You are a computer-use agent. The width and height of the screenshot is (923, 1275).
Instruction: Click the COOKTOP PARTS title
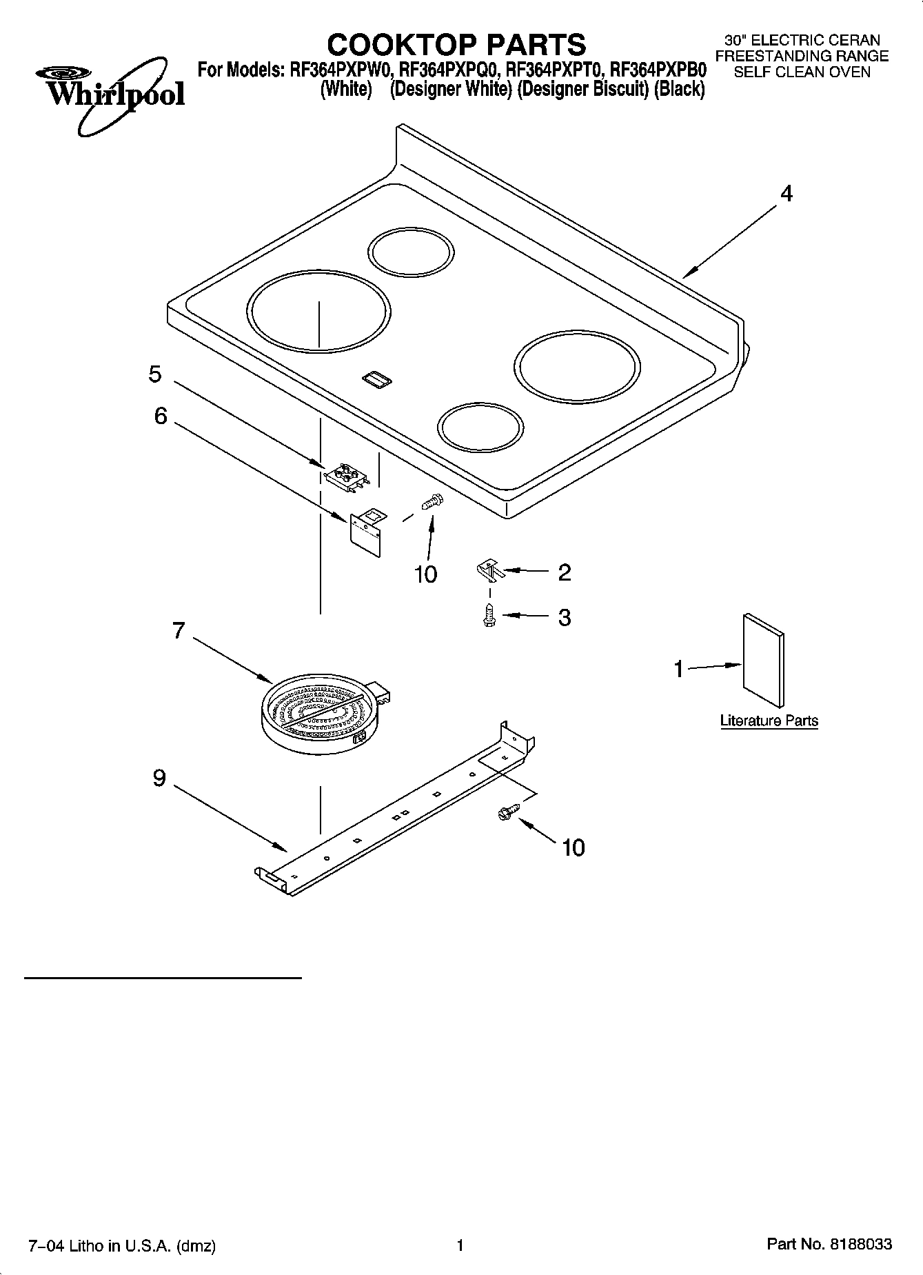tap(456, 45)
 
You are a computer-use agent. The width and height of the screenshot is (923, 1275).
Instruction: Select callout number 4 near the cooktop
tap(786, 194)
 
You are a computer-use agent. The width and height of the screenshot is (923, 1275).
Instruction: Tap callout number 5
tap(155, 374)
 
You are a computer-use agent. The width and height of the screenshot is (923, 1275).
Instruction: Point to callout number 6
tap(160, 416)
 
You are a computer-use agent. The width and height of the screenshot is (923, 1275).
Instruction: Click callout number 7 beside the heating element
tap(179, 630)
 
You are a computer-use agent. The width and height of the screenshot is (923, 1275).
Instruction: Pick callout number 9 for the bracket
tap(159, 779)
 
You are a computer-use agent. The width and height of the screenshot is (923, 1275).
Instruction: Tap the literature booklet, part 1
tap(763, 661)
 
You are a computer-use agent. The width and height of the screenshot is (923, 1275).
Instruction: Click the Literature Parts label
tap(769, 721)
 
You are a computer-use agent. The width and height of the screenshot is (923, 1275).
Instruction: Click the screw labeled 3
tap(489, 614)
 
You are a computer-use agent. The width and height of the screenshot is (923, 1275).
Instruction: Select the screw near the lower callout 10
tap(505, 814)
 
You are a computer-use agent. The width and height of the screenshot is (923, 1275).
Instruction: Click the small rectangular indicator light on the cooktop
tap(376, 377)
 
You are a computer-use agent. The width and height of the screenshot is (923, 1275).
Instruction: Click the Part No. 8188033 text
tap(829, 1245)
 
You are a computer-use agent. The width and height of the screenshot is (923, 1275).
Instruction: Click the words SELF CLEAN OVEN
tap(802, 72)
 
